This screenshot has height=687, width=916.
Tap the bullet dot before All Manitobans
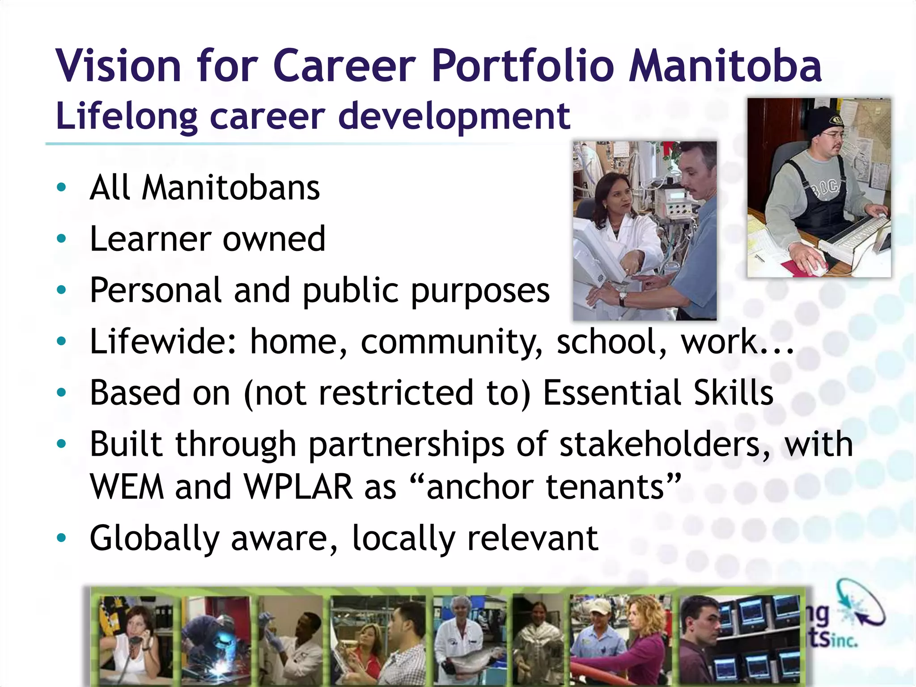click(x=61, y=187)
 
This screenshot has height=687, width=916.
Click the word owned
click(x=274, y=239)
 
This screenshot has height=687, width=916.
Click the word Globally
click(x=154, y=539)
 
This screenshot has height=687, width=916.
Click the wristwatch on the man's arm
click(x=622, y=297)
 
